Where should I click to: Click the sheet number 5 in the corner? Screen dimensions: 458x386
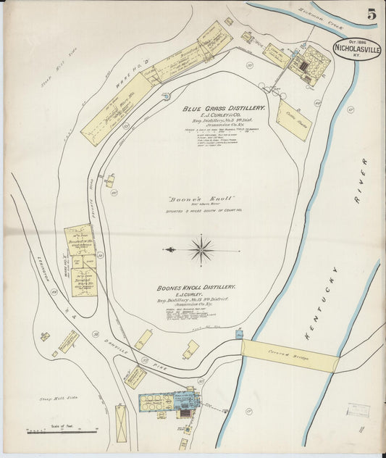click(371, 14)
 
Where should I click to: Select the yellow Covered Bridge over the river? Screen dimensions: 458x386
click(290, 355)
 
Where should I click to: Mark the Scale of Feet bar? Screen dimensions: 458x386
click(61, 432)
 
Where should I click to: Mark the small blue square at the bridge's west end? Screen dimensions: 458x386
click(239, 334)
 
